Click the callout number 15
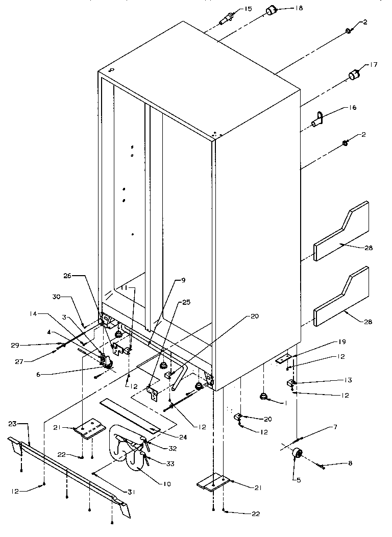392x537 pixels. (248, 9)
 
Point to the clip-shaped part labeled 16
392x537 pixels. (317, 120)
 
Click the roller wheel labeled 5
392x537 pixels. (295, 453)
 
